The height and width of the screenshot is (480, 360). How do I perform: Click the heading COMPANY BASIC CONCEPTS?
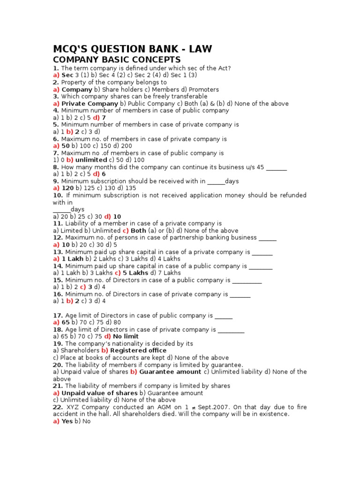tap(116, 60)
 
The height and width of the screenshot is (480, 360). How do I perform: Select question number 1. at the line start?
tap(56, 68)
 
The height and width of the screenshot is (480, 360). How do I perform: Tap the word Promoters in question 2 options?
tap(203, 90)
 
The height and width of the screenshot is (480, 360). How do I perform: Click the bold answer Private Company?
tap(90, 104)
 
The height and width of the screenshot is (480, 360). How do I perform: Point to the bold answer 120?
tap(68, 188)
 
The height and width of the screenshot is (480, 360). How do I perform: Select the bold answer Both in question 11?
tap(138, 231)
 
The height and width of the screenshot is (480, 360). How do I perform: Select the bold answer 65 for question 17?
tap(66, 322)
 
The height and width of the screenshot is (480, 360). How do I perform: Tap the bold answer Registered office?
tap(138, 351)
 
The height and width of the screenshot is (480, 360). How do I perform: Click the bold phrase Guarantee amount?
tap(170, 372)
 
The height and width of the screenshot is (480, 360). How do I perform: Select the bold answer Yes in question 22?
tap(67, 421)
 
